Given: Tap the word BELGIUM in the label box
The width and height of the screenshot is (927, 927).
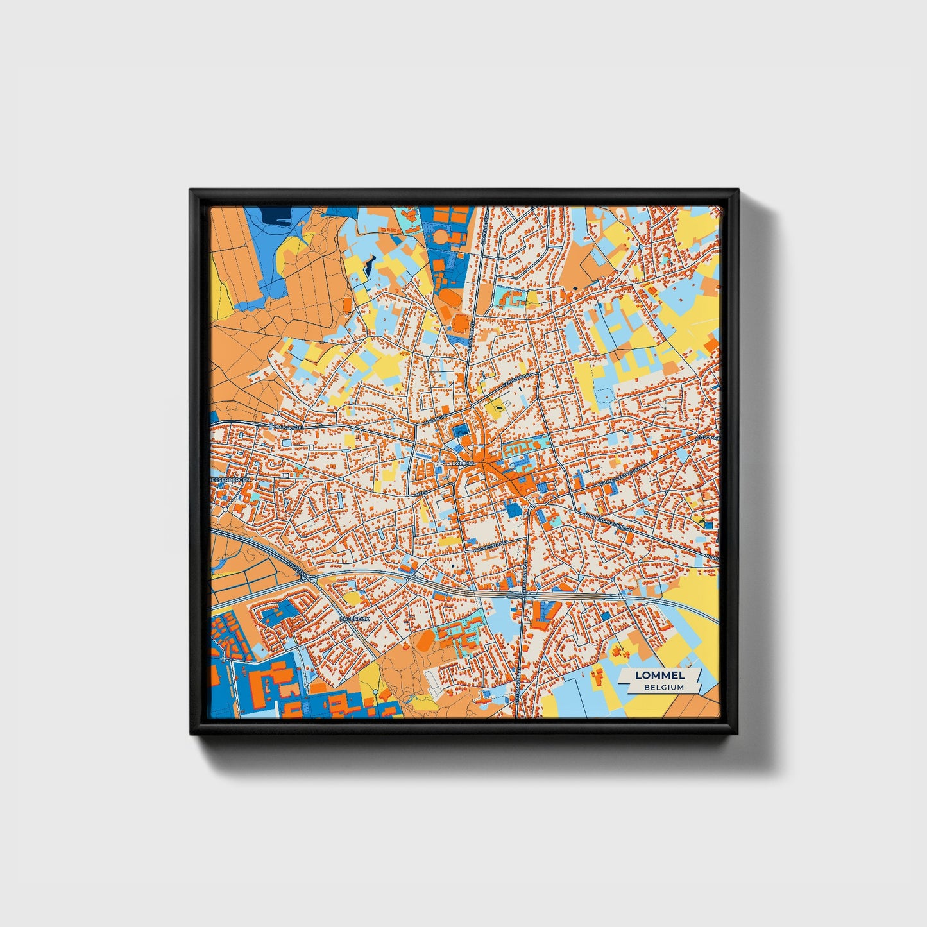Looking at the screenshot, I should click(664, 687).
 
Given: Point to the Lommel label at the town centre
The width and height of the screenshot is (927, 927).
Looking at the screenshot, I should click(463, 463).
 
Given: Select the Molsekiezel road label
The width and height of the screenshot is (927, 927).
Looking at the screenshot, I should click(287, 426).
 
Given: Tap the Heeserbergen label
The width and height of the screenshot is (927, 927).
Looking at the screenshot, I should click(231, 479).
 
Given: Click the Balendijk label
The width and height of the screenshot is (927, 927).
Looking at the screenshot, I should click(355, 618).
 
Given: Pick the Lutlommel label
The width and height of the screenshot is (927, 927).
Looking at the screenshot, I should click(710, 438).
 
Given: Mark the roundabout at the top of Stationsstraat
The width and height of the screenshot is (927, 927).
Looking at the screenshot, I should click(532, 507).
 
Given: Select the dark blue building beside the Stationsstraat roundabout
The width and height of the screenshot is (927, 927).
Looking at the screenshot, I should click(513, 510).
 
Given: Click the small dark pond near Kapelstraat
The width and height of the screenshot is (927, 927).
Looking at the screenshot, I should click(497, 405).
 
